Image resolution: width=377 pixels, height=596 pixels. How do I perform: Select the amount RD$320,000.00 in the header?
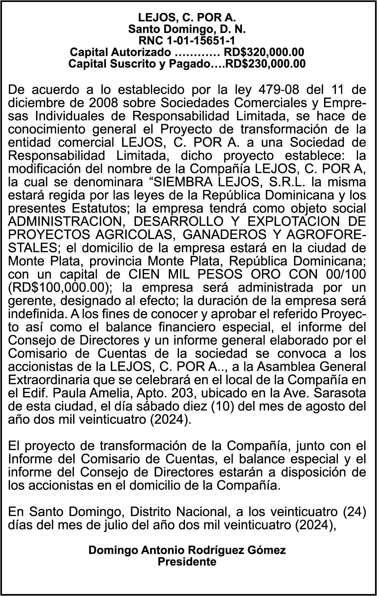pyautogui.click(x=264, y=52)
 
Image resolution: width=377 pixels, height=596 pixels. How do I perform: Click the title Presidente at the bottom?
pyautogui.click(x=187, y=562)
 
